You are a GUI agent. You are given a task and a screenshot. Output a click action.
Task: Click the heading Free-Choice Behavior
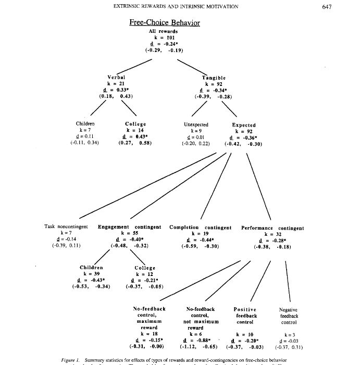164,22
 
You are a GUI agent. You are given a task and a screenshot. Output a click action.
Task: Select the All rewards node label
163,31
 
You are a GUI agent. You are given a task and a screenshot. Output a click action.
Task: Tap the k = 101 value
163,37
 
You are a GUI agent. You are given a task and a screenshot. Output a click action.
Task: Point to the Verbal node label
116,77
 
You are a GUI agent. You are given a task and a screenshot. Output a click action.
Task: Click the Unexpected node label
196,124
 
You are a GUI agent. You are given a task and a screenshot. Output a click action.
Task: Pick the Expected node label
244,125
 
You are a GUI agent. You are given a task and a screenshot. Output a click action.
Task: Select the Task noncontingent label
66,227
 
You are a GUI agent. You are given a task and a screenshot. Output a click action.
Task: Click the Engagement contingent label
130,228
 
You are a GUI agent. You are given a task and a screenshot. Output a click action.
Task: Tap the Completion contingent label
200,228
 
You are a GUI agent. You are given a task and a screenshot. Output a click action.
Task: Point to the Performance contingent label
272,228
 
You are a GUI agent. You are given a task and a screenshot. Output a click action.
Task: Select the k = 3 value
288,334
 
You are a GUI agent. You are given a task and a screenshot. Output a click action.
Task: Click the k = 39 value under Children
91,273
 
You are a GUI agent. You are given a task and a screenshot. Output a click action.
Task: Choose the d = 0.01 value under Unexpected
196,136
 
